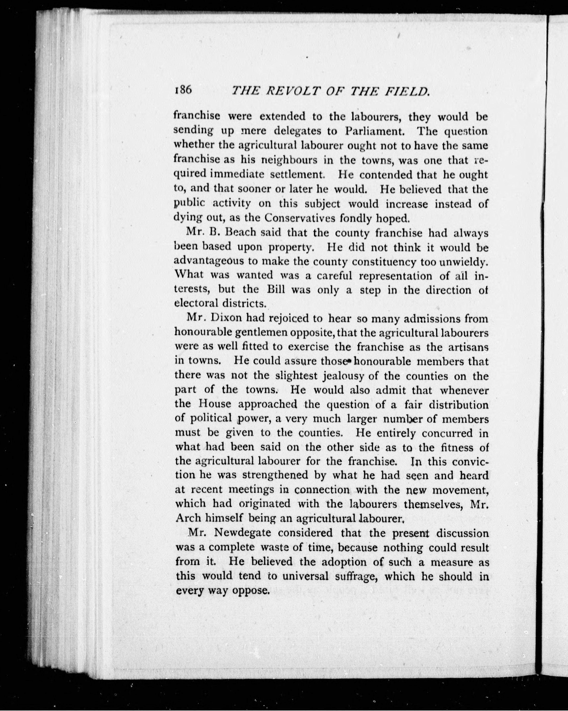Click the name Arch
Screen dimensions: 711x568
click(x=188, y=518)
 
